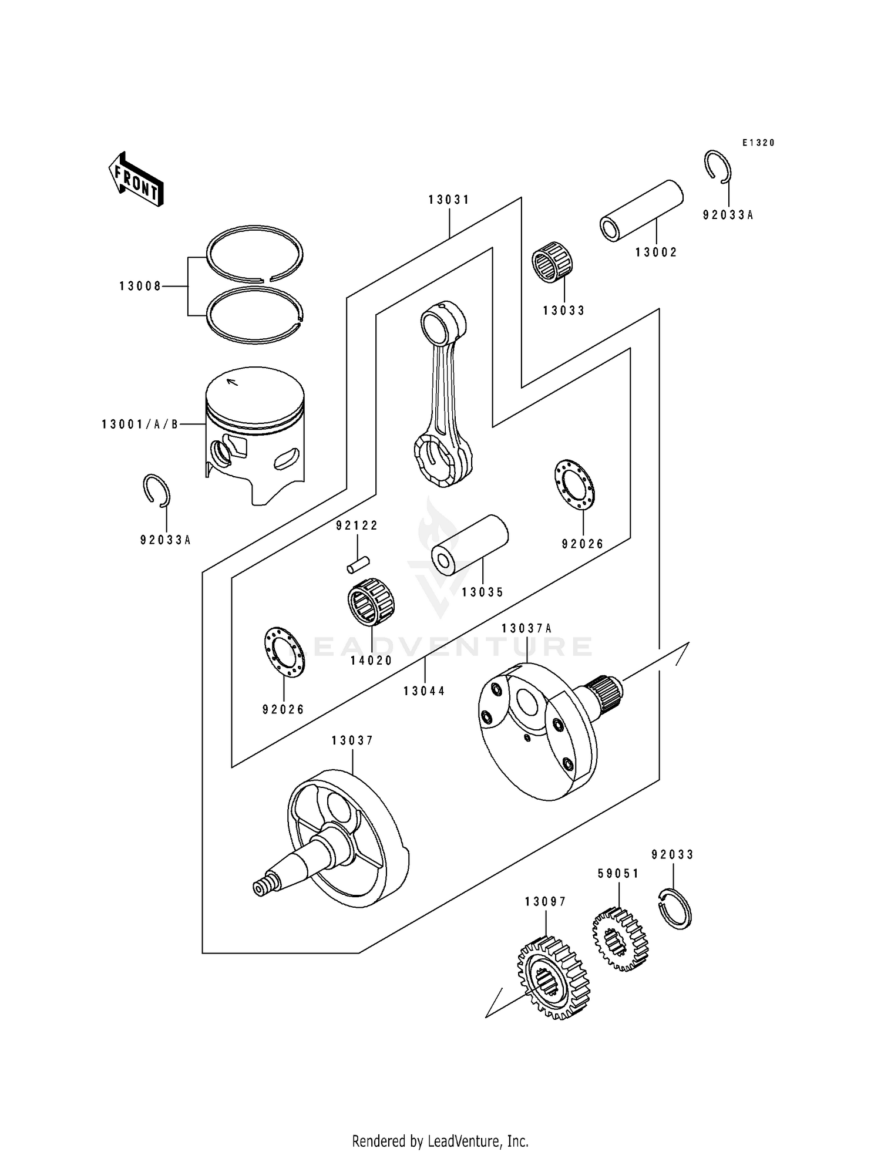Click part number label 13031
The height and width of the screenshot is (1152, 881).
coord(449,200)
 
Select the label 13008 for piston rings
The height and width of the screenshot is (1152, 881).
coord(140,287)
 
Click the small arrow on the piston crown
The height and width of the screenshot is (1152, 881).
coord(233,382)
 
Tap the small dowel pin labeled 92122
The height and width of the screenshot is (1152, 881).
coord(358,565)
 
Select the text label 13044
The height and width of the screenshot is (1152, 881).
coord(424,691)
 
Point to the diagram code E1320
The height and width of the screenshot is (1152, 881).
coord(758,143)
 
